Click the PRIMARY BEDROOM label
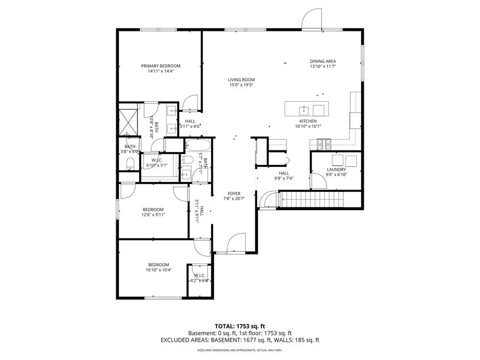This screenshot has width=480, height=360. pos(161,66)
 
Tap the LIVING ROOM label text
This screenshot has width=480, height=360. pos(241,79)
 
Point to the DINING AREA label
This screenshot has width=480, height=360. pos(323,61)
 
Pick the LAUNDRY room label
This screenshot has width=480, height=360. pos(336,170)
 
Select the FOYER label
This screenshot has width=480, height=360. pos(234,194)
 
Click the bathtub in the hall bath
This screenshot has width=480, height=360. pos(197,145)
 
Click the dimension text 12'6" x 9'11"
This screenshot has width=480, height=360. pos(153,215)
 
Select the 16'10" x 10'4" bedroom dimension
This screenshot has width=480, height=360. pos(159,270)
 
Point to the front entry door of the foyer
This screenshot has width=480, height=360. pos(236,244)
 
